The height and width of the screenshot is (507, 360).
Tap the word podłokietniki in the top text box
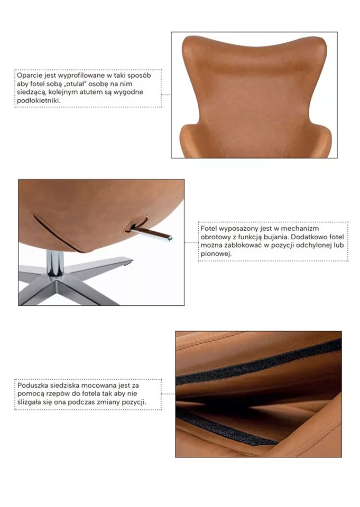click(39, 100)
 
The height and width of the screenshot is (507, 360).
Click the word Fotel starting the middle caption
click(208, 229)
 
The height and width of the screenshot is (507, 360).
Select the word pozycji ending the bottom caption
click(134, 402)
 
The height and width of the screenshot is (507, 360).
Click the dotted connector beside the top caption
click(166, 95)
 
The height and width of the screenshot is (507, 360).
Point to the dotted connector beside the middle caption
click(191, 242)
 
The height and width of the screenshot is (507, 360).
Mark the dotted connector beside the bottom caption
click(168, 394)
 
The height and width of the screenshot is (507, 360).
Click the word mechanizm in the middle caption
click(300, 229)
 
